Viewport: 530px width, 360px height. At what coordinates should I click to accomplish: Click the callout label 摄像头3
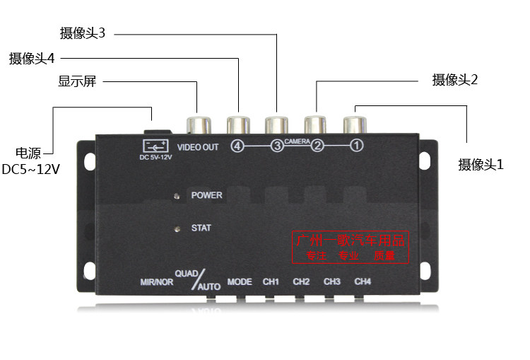pos(83,33)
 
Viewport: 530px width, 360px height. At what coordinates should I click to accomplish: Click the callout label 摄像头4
pos(32,58)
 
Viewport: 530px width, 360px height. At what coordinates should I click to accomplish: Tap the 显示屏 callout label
pos(77,81)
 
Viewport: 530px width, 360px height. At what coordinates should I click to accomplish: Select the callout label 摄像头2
pos(455,80)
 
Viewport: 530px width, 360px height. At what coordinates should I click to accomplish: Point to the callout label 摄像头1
pos(481,165)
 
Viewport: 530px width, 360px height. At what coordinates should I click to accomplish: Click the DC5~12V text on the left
pos(31,170)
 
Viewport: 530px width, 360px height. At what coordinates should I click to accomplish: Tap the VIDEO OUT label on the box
pos(197,147)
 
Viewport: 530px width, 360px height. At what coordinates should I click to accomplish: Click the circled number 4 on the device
pos(237,146)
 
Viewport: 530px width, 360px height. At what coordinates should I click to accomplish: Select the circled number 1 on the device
pos(357,146)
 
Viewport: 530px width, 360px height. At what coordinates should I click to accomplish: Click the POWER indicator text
pos(206,195)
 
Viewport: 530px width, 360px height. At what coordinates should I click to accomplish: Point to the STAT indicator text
pos(201,228)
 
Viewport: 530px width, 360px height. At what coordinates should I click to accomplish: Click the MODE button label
pos(240,281)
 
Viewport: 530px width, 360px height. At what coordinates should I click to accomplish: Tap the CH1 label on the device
pos(271,281)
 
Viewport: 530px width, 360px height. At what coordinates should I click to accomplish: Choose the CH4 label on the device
pos(363,281)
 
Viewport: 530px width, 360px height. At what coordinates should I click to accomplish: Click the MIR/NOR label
pos(156,282)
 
